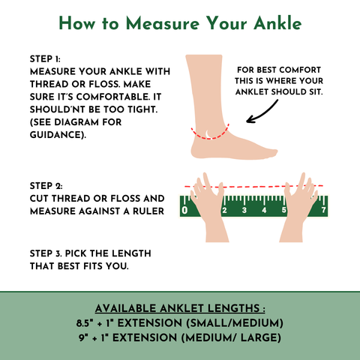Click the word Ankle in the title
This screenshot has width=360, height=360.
coord(277,23)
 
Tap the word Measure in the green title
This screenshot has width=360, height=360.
coord(163,23)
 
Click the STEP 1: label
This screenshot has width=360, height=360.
coord(45,59)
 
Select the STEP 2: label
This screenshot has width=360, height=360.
coord(46,186)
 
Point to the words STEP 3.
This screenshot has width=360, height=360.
coord(46,253)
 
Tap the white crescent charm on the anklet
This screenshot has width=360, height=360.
coord(207,134)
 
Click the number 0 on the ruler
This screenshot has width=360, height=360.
coord(184,210)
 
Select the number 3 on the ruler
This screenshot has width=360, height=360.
coord(244,210)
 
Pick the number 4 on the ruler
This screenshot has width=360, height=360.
coord(264,210)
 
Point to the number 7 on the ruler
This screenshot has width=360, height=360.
coord(324,209)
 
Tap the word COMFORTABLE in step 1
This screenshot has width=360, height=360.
coord(112,97)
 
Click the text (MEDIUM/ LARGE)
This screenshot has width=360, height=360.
coord(231,338)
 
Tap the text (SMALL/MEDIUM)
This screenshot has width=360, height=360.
coord(235,323)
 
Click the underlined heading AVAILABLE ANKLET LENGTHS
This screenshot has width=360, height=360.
coord(180,308)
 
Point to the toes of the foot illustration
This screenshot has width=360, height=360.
coord(271,152)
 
